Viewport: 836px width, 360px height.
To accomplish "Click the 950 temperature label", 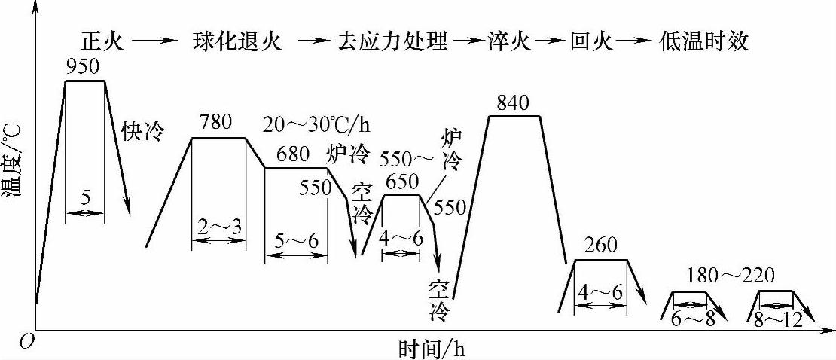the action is coord(83,66).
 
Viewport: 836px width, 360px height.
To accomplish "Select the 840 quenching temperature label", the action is coord(514,102).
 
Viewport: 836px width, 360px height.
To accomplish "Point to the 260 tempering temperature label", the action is coord(600,245).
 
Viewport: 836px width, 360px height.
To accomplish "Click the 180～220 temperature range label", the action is coord(728,273).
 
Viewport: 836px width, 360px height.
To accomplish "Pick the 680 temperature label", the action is coord(292,155).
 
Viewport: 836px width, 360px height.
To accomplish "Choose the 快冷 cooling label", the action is coord(142,132).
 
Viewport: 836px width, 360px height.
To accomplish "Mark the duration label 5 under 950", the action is coord(85,200).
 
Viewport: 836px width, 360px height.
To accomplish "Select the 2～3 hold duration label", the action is coord(218,227).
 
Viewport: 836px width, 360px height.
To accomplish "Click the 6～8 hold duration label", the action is coord(692,319).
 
